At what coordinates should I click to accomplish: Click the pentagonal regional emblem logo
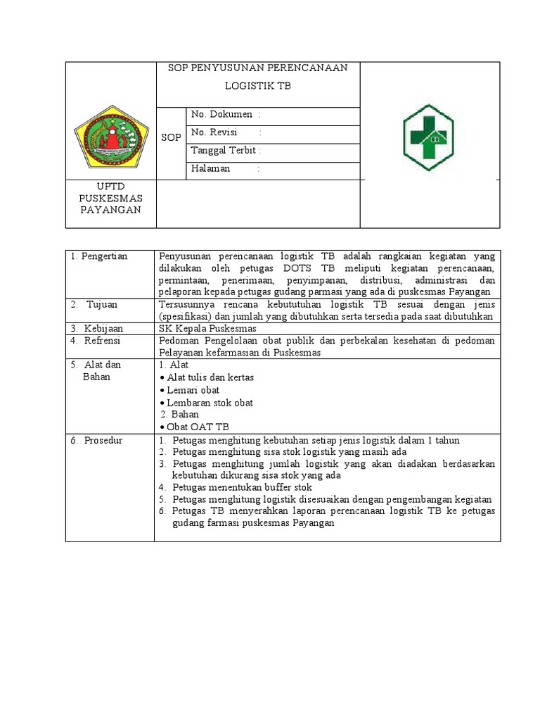111,135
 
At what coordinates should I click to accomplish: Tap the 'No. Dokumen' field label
222,114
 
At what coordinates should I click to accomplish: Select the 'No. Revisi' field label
214,132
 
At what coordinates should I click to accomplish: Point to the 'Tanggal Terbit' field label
224,151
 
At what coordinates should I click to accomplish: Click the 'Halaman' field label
211,168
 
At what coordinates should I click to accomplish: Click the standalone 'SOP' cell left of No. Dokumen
171,137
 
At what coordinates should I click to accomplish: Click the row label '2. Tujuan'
98,304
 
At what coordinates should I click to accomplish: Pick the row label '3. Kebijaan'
98,328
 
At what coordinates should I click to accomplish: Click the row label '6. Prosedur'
97,440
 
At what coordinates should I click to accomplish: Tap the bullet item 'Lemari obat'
193,390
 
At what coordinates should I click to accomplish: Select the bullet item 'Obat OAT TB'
198,427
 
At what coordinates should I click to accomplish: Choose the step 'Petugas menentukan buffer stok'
242,487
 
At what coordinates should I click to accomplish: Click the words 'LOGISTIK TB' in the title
257,86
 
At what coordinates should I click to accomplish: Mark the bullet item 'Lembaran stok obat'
210,403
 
